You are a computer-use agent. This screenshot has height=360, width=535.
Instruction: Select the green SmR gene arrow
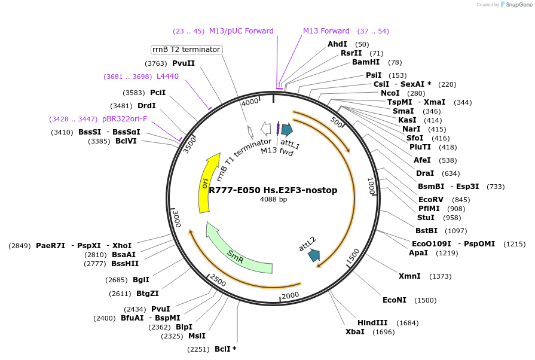tap(236, 251)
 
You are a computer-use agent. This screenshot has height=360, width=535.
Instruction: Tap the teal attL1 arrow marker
tap(287, 129)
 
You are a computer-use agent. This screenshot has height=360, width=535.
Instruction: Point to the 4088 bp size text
tap(273, 199)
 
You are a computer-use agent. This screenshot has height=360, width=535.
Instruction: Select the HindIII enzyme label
tap(372, 322)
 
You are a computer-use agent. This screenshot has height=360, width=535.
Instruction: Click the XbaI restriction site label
tap(354, 331)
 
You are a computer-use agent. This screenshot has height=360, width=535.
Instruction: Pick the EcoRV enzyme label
tap(431, 199)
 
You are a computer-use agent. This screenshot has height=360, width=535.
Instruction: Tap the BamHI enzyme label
tap(365, 62)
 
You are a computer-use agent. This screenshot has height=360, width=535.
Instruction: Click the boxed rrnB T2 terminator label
tap(187, 50)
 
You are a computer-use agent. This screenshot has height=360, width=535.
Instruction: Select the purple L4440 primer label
tap(167, 77)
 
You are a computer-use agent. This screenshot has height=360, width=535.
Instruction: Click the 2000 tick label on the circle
tap(290, 295)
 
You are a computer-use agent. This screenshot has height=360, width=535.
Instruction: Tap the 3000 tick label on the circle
tap(176, 219)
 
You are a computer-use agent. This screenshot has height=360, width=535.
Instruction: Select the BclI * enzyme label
tap(225, 349)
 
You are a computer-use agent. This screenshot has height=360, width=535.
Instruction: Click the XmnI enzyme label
tap(409, 276)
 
